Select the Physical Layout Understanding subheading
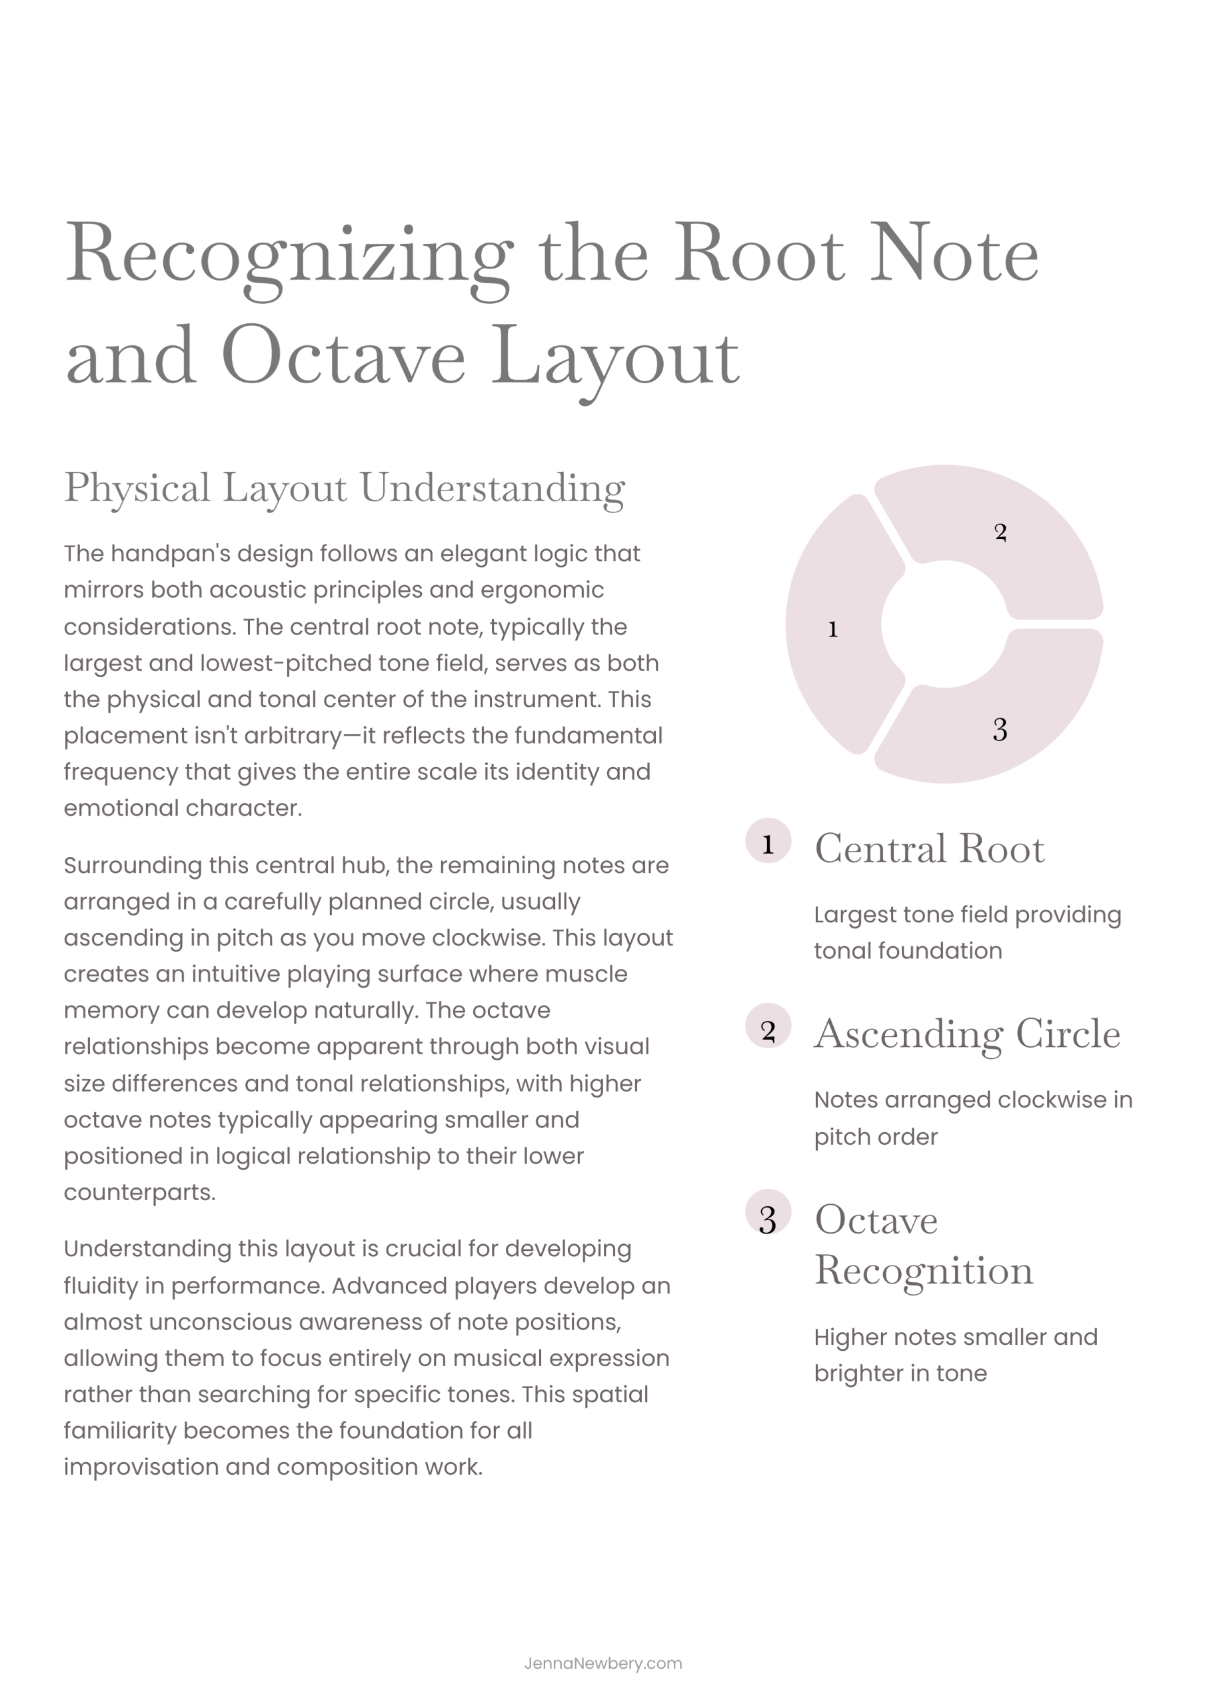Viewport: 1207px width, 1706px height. point(344,488)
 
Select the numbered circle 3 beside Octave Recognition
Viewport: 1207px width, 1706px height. point(768,1213)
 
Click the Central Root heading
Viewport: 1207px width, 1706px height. point(929,848)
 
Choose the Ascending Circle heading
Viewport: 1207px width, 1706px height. point(967,1034)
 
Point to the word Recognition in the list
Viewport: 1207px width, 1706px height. point(924,1271)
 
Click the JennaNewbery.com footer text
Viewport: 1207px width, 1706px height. point(603,1663)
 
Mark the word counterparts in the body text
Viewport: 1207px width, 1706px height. point(139,1193)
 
